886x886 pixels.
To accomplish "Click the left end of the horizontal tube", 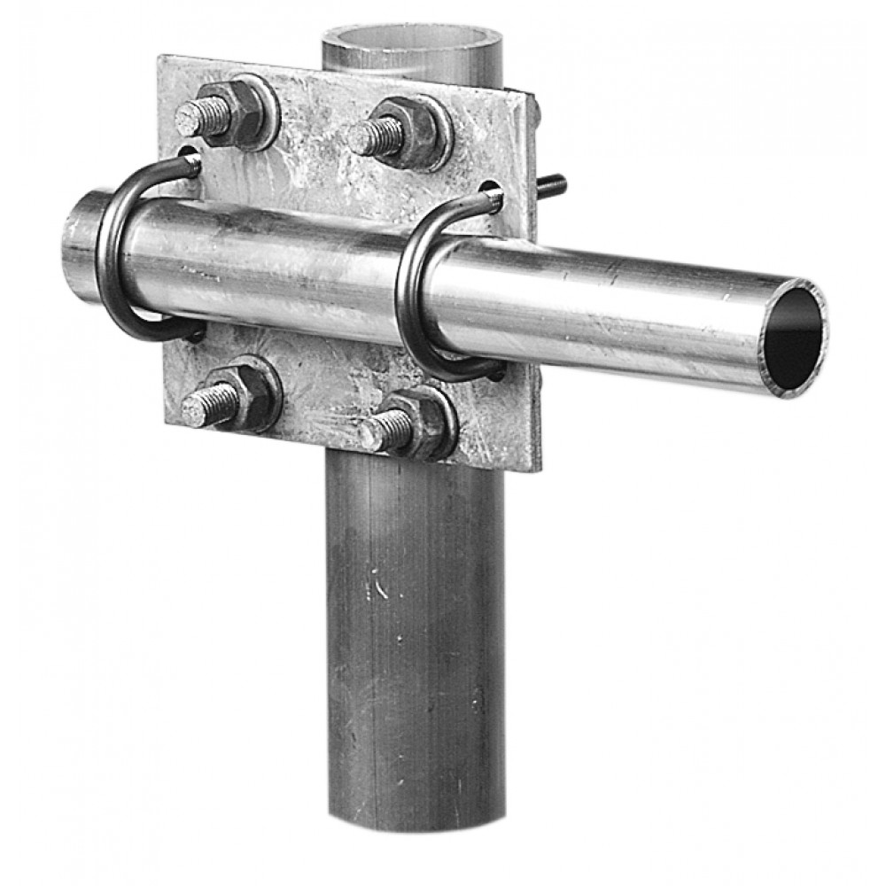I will pyautogui.click(x=78, y=244).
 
